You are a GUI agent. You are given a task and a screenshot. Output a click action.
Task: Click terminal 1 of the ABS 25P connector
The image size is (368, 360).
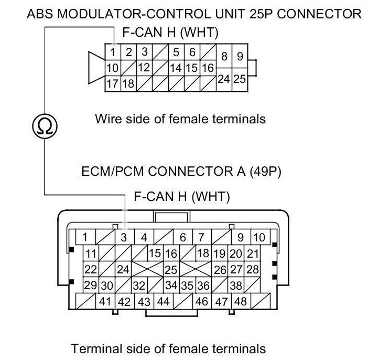(113, 52)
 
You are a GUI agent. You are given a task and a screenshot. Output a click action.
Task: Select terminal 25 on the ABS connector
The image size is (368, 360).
(240, 80)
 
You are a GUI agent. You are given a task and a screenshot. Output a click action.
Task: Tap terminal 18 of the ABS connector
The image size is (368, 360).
(128, 83)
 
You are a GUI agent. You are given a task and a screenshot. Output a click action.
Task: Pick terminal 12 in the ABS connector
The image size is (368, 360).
(144, 68)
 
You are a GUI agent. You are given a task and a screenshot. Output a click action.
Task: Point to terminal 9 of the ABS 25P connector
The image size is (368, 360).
(240, 57)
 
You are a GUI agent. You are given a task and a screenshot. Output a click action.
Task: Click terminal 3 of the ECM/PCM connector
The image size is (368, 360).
(124, 237)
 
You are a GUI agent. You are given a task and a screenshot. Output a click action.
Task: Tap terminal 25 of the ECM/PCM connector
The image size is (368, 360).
(171, 270)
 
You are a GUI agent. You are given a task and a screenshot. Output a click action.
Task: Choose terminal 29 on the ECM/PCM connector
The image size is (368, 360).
(91, 286)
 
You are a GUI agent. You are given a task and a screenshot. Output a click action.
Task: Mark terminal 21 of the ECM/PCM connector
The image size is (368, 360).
(253, 254)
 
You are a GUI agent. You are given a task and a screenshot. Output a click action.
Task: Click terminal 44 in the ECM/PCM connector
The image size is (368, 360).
(163, 302)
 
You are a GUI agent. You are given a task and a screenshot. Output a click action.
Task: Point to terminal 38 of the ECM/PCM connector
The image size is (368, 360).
(236, 286)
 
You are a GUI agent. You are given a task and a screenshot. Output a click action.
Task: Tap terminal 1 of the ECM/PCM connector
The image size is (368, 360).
(85, 237)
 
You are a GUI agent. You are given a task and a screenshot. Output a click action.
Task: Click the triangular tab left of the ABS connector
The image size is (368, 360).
(96, 68)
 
